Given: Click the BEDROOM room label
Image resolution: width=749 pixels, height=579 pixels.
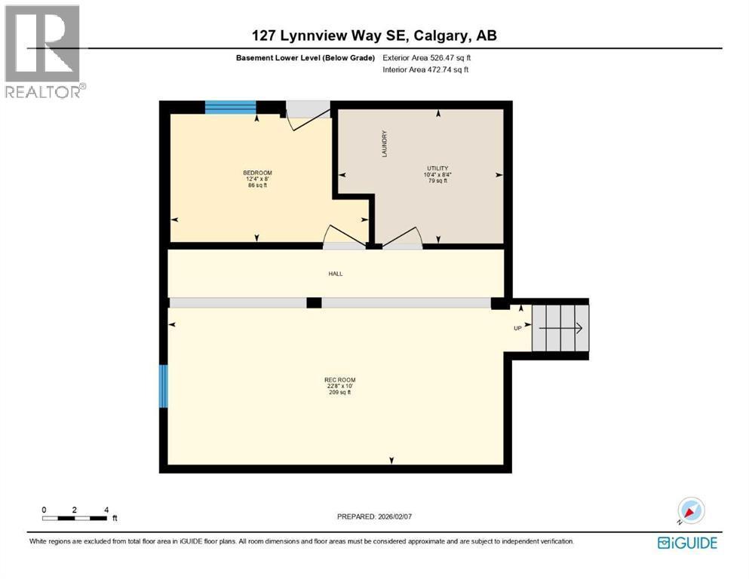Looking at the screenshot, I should pyautogui.click(x=257, y=173).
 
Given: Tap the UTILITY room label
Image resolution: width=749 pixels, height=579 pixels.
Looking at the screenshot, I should pyautogui.click(x=437, y=168).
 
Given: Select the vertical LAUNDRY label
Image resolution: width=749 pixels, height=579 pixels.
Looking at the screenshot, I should pyautogui.click(x=384, y=144).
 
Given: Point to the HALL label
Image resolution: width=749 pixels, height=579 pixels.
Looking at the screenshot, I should pyautogui.click(x=336, y=274).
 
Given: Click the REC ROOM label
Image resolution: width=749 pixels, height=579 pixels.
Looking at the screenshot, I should pyautogui.click(x=339, y=380).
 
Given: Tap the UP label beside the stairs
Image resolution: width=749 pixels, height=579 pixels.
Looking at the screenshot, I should pyautogui.click(x=517, y=328).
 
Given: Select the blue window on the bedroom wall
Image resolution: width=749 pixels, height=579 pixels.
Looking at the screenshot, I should pyautogui.click(x=231, y=107).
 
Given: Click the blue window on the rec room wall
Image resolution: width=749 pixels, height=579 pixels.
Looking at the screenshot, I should pyautogui.click(x=163, y=386).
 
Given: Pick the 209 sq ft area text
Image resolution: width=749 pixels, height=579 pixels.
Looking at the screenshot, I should pyautogui.click(x=339, y=393).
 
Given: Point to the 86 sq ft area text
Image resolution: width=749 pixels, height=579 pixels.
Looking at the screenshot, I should pyautogui.click(x=257, y=185).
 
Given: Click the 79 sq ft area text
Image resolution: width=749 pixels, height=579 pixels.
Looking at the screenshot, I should pyautogui.click(x=437, y=181).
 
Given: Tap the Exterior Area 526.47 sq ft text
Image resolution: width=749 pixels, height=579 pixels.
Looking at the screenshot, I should pyautogui.click(x=427, y=57).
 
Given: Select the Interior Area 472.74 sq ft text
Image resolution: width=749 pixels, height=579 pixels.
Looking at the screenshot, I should pyautogui.click(x=425, y=70).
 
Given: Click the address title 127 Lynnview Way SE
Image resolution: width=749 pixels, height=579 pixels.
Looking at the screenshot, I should pyautogui.click(x=374, y=35).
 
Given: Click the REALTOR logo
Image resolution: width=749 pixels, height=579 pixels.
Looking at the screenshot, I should pyautogui.click(x=44, y=52).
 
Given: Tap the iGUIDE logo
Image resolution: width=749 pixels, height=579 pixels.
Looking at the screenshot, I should pyautogui.click(x=687, y=543).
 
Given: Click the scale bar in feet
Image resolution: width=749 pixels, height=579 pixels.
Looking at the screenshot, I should pyautogui.click(x=75, y=518).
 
